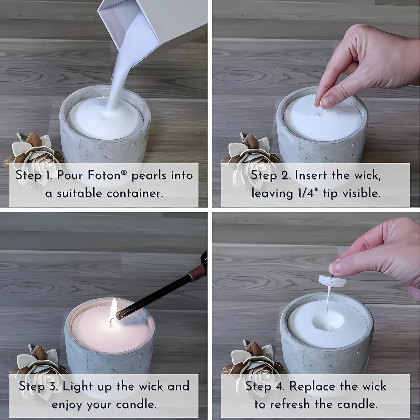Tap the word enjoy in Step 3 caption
click(x=67, y=405)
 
